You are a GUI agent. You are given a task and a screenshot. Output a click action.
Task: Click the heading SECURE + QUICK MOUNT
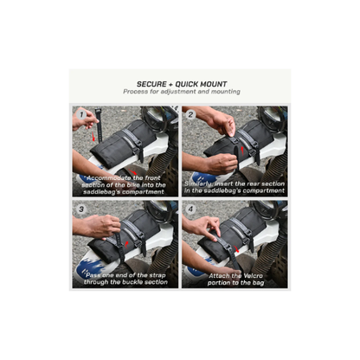[x=182, y=84]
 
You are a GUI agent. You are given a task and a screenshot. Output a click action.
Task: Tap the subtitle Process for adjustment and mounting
[x=182, y=92]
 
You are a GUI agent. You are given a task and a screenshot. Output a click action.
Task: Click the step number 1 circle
[x=81, y=115]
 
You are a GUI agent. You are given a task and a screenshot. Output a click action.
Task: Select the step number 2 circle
[x=190, y=115]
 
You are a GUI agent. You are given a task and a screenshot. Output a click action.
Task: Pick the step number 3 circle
[x=81, y=209]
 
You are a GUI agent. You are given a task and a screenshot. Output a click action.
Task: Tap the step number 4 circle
[x=190, y=209]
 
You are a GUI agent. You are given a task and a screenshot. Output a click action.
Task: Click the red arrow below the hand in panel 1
[x=93, y=137]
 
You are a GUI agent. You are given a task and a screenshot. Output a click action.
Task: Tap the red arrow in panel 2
[x=242, y=150]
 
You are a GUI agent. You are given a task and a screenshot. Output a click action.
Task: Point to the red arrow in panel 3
[x=127, y=245]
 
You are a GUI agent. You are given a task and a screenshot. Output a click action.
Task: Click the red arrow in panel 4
[x=236, y=249]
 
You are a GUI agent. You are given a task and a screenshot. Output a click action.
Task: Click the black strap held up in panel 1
[x=99, y=125]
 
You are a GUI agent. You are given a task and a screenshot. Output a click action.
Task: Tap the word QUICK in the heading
[x=187, y=84]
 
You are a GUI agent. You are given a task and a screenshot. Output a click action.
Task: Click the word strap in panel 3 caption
[x=158, y=275]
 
